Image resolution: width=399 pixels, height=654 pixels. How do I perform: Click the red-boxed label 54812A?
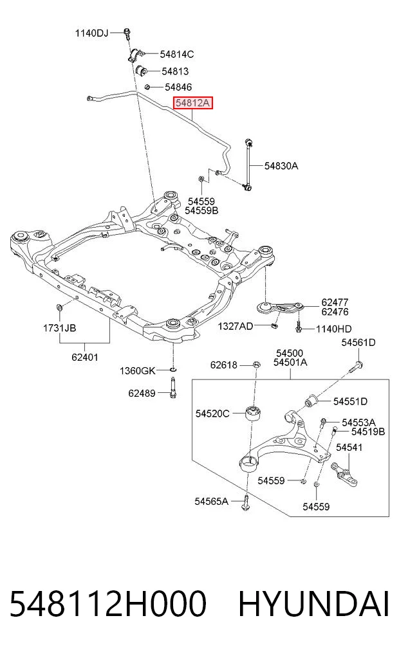(x=193, y=103)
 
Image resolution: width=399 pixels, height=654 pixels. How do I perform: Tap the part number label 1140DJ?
(x=91, y=33)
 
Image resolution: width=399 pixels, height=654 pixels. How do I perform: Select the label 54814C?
(x=177, y=54)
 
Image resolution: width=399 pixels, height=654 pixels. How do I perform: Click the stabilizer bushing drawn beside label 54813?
(x=142, y=71)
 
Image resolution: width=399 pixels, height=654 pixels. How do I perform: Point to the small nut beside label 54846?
(x=147, y=87)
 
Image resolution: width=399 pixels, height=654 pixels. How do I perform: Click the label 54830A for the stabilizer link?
(x=281, y=165)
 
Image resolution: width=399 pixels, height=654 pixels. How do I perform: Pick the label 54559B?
(x=201, y=211)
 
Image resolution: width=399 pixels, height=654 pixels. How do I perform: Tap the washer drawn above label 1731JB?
(x=59, y=308)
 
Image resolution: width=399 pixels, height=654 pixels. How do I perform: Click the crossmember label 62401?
(x=85, y=357)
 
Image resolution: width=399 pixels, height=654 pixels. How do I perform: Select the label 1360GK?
(x=137, y=370)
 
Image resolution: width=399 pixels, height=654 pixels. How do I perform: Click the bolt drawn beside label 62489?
(x=172, y=387)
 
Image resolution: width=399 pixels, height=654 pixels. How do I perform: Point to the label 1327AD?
(x=236, y=326)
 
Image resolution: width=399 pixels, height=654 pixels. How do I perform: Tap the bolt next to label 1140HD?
(x=299, y=326)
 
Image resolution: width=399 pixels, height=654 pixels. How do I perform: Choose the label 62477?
(x=335, y=302)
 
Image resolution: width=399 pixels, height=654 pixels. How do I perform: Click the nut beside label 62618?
(x=256, y=365)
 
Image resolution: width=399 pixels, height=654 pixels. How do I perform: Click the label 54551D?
(x=350, y=401)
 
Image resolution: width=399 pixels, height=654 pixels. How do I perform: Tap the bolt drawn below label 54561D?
(x=355, y=367)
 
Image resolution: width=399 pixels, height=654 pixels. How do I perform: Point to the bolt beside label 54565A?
(x=246, y=502)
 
